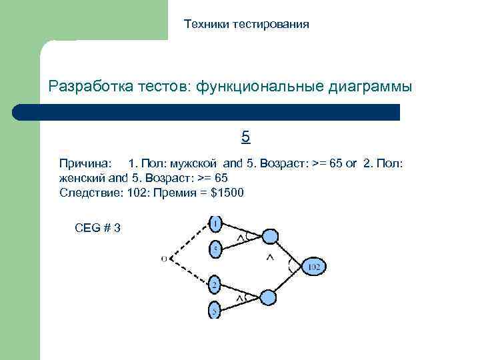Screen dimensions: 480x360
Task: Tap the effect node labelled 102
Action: (314, 267)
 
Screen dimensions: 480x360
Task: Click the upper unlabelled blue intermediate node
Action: (269, 236)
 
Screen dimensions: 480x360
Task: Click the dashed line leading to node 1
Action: (189, 240)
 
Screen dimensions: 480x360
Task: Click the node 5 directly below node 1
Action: (216, 248)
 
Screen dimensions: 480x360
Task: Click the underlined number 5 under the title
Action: (245, 138)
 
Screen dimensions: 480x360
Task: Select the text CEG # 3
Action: (98, 228)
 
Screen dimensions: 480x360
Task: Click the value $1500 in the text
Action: (227, 193)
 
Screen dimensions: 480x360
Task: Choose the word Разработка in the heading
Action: (91, 87)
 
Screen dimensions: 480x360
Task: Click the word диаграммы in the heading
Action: (370, 87)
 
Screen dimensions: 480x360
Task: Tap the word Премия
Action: (176, 193)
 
